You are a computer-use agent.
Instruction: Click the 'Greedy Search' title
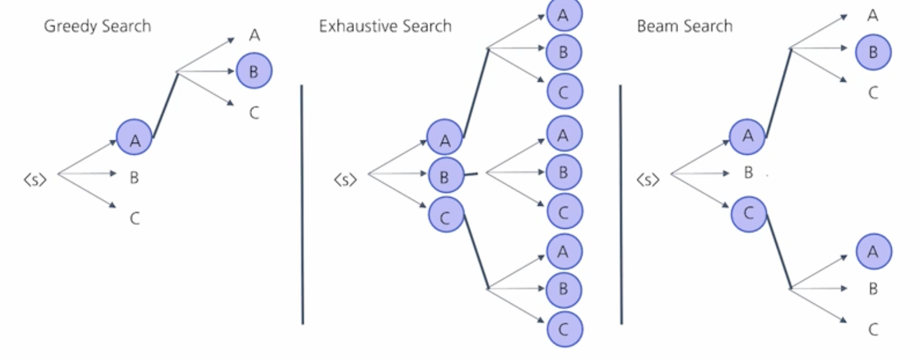(97, 26)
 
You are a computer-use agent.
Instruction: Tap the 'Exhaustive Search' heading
(385, 26)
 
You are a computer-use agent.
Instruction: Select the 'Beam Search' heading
(684, 26)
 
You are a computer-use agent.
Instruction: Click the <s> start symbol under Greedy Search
(35, 179)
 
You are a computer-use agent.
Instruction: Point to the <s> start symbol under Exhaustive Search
(345, 179)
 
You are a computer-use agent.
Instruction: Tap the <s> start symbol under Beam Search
(648, 179)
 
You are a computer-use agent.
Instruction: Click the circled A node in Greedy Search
(134, 137)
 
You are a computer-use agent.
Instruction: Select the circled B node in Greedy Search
(254, 71)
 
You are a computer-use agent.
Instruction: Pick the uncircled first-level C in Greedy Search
(134, 219)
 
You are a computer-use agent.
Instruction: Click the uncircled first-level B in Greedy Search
(134, 178)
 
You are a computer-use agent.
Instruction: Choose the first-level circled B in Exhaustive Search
(445, 176)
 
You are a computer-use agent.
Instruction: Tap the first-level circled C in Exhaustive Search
(446, 215)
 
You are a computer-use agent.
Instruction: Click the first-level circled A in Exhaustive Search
(445, 137)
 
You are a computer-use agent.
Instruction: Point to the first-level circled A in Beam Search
(748, 136)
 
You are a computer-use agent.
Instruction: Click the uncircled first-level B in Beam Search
(749, 173)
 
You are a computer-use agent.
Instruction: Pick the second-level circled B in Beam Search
(873, 52)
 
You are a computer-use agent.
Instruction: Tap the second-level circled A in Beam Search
(873, 251)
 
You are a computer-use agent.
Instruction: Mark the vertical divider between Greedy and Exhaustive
(302, 205)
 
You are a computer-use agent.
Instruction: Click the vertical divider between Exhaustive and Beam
(621, 205)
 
